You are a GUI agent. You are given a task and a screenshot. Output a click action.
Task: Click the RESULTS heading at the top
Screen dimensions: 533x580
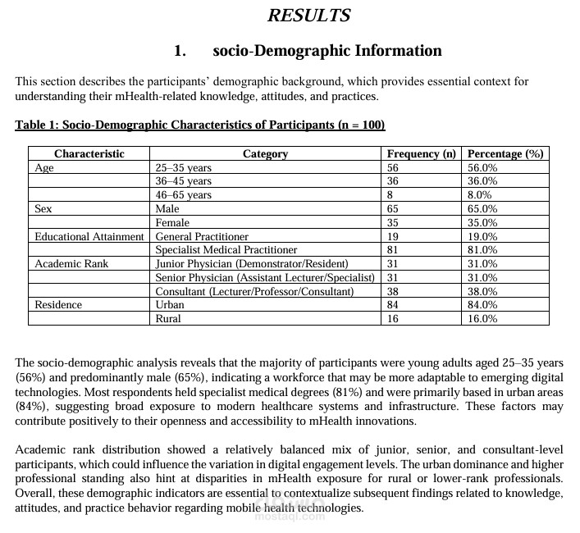(309, 16)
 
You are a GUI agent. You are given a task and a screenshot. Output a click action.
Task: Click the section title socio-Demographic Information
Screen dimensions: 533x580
(327, 51)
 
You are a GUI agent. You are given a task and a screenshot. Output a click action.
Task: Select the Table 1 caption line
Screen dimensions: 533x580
(200, 125)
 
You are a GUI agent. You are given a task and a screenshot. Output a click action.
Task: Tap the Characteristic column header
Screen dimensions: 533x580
(89, 153)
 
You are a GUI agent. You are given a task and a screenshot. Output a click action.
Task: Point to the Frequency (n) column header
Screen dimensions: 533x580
(421, 153)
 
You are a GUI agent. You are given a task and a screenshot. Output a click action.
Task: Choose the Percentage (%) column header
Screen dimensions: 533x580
(505, 153)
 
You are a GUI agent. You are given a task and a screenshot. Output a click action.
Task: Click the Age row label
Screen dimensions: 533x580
(43, 167)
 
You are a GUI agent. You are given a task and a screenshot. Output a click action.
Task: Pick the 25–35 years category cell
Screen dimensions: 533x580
(183, 167)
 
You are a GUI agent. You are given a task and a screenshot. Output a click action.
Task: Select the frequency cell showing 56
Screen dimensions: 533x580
(392, 167)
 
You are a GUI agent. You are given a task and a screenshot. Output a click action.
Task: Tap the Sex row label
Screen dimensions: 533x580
(43, 209)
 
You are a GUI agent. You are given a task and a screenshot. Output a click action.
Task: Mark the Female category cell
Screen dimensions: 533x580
(172, 222)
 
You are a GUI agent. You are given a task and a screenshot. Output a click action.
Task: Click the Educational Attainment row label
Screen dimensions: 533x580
(89, 236)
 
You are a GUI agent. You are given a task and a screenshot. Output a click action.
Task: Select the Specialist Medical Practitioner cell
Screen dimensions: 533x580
(226, 249)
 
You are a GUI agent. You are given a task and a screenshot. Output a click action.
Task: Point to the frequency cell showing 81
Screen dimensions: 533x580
(392, 249)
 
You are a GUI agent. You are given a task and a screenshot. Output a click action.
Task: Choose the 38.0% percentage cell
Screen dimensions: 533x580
(482, 291)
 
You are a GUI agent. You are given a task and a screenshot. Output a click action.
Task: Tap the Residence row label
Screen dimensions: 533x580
(58, 304)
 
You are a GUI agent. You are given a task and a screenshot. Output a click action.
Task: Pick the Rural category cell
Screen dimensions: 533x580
(168, 318)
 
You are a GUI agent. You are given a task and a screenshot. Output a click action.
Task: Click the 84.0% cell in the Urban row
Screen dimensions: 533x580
(482, 304)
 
